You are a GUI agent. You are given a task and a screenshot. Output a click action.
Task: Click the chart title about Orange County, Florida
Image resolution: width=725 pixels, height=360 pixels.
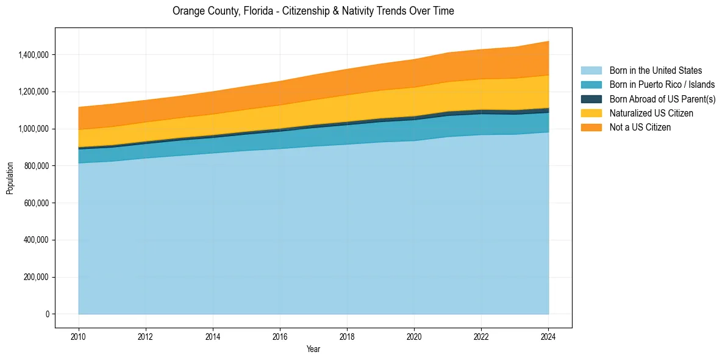point(313,11)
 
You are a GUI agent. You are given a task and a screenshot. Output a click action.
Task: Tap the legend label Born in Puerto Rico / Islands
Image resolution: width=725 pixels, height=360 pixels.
point(662,85)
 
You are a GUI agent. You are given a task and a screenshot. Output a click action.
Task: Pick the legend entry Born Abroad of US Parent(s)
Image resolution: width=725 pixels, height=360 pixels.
point(662,99)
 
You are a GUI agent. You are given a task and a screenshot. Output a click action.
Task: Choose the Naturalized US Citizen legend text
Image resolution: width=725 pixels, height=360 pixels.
point(651,113)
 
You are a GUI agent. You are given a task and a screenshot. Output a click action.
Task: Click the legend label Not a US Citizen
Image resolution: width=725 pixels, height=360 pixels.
point(640,128)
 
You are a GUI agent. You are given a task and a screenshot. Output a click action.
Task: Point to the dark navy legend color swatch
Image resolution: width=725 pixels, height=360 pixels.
point(591,99)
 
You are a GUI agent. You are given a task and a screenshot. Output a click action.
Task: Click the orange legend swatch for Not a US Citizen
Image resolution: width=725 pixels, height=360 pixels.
point(591,128)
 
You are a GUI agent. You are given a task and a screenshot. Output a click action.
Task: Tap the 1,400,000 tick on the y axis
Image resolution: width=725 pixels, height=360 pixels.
point(34,55)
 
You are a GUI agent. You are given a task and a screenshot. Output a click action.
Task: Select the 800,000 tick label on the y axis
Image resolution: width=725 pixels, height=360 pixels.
point(36,166)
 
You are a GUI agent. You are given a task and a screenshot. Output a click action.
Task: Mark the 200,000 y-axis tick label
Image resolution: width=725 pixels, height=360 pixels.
point(36,277)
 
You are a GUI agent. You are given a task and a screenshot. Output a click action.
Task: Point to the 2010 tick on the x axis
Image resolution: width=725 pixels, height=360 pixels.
point(79,336)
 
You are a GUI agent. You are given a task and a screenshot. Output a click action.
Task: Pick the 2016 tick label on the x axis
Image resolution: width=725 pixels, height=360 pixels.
point(280,336)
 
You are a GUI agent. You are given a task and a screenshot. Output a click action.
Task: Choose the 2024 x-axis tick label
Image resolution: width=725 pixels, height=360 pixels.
point(548,336)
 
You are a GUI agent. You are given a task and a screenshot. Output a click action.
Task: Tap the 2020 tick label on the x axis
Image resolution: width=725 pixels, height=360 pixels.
point(414,336)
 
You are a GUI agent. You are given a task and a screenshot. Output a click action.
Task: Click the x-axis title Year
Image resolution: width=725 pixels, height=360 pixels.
point(313,350)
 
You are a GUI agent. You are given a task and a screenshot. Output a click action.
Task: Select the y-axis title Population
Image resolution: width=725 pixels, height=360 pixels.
point(10,178)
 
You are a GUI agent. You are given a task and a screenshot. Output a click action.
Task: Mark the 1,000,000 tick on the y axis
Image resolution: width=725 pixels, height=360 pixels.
point(34,129)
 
